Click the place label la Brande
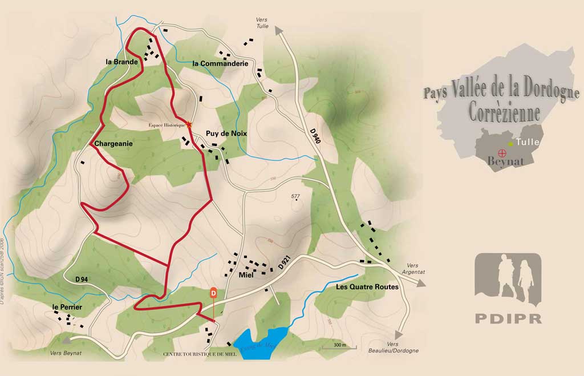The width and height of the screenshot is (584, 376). click(x=121, y=62)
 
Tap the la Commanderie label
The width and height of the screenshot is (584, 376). click(x=220, y=63)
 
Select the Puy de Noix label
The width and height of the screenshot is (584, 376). click(x=226, y=133)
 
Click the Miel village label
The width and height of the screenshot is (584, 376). click(x=246, y=275)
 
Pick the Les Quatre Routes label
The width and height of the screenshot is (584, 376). click(x=367, y=287)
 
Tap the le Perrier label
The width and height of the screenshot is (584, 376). click(x=67, y=308)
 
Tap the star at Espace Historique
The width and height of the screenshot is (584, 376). click(x=189, y=124)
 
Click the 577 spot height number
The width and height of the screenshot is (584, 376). click(x=295, y=197)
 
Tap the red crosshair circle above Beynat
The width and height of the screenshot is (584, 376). click(x=502, y=152)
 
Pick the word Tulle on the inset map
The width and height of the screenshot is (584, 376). click(x=528, y=142)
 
